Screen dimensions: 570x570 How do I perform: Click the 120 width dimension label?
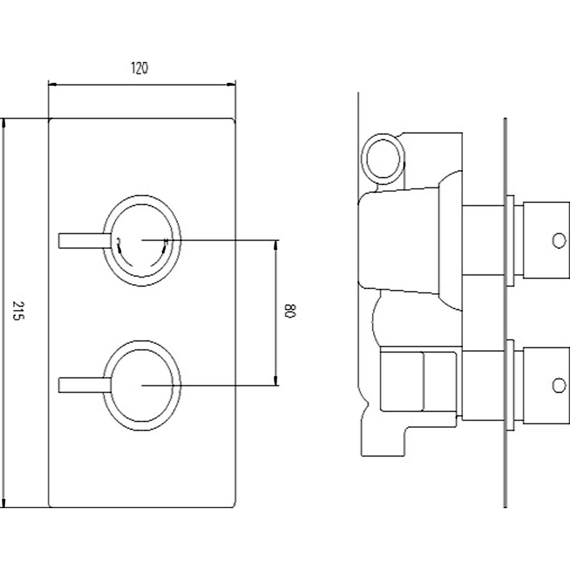click(x=139, y=69)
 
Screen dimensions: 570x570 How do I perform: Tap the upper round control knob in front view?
click(x=142, y=240)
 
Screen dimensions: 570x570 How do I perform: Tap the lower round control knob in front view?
click(x=142, y=386)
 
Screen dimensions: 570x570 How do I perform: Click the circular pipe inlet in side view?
click(x=383, y=158)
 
